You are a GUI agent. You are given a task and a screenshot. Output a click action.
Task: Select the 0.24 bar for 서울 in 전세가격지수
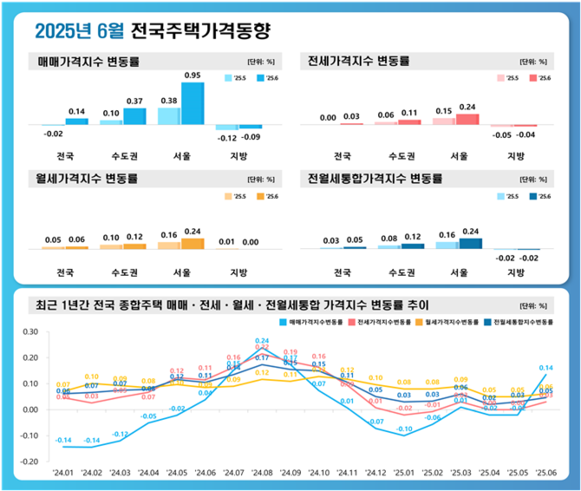click(x=467, y=119)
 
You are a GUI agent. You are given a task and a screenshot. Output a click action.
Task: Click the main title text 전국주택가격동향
click(x=200, y=32)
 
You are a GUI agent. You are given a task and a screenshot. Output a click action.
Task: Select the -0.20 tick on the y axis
click(x=29, y=462)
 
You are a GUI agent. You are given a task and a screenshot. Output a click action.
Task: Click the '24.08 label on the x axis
click(x=261, y=474)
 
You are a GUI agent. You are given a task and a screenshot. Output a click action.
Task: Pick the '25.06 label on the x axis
click(x=545, y=474)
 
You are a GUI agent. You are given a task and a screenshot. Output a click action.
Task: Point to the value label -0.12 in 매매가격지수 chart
click(x=228, y=138)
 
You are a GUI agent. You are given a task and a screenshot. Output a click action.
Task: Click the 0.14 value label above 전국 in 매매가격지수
click(x=75, y=112)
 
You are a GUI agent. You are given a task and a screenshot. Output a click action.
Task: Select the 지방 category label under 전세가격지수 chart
click(x=515, y=156)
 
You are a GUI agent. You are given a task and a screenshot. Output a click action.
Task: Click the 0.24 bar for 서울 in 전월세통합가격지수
click(x=471, y=243)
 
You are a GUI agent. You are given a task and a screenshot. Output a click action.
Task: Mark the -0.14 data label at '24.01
click(x=63, y=440)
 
